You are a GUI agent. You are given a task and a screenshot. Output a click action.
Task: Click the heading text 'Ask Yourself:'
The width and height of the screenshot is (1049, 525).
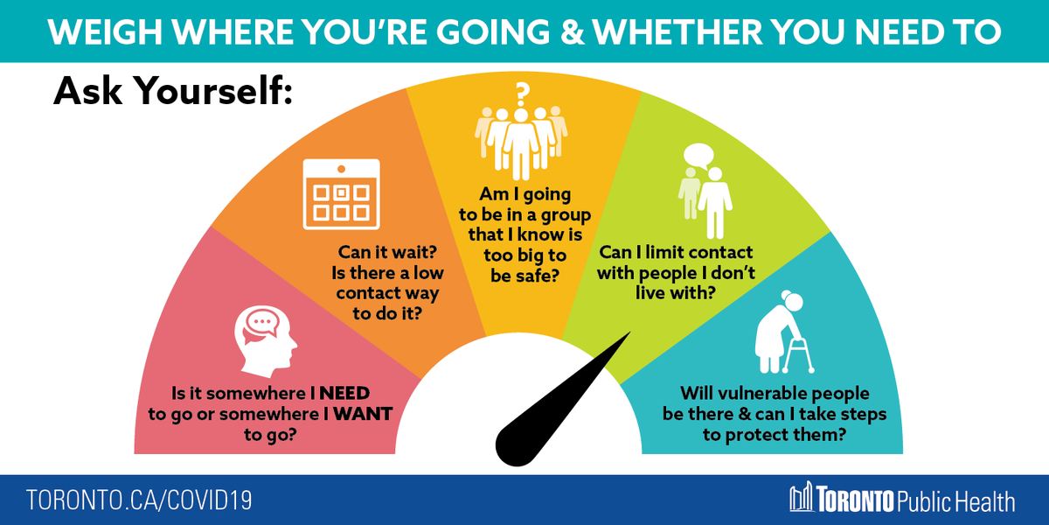pos(172,91)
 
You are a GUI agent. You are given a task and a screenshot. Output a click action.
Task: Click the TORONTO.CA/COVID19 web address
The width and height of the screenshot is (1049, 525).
pos(139,500)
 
